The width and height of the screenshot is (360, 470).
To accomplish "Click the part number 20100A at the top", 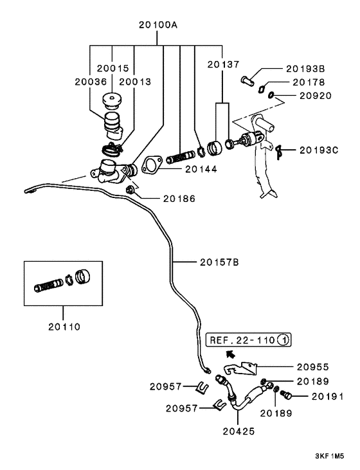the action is (x=158, y=25).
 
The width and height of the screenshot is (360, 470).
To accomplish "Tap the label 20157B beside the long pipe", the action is (x=219, y=262).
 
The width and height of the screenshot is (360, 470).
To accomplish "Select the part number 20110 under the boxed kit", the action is (x=64, y=327).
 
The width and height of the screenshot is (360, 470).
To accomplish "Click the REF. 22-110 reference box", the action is (x=249, y=340).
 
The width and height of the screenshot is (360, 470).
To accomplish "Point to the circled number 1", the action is (x=283, y=340).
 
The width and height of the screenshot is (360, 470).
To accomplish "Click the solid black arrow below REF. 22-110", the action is (x=230, y=354).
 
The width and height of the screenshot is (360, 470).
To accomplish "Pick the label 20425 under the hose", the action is (x=239, y=431).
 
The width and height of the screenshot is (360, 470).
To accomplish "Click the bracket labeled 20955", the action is (x=241, y=368).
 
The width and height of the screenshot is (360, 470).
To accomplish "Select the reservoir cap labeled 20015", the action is (x=112, y=100).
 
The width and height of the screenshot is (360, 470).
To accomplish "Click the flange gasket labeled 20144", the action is (x=152, y=165).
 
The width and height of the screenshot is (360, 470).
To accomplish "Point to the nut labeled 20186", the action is (x=130, y=190).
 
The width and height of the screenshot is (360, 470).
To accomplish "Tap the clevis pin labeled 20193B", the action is (x=248, y=80).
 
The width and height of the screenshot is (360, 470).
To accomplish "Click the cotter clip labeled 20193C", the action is (x=279, y=152).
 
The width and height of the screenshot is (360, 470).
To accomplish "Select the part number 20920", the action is (x=316, y=96).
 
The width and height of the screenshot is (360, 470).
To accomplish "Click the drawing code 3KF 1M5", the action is (x=329, y=456).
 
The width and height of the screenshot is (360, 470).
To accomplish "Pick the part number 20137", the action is (x=223, y=64).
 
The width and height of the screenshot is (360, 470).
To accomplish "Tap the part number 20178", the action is (x=309, y=82).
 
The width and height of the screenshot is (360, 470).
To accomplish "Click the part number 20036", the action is (x=91, y=82).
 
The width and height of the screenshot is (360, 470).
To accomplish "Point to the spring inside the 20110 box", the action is (x=49, y=285).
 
